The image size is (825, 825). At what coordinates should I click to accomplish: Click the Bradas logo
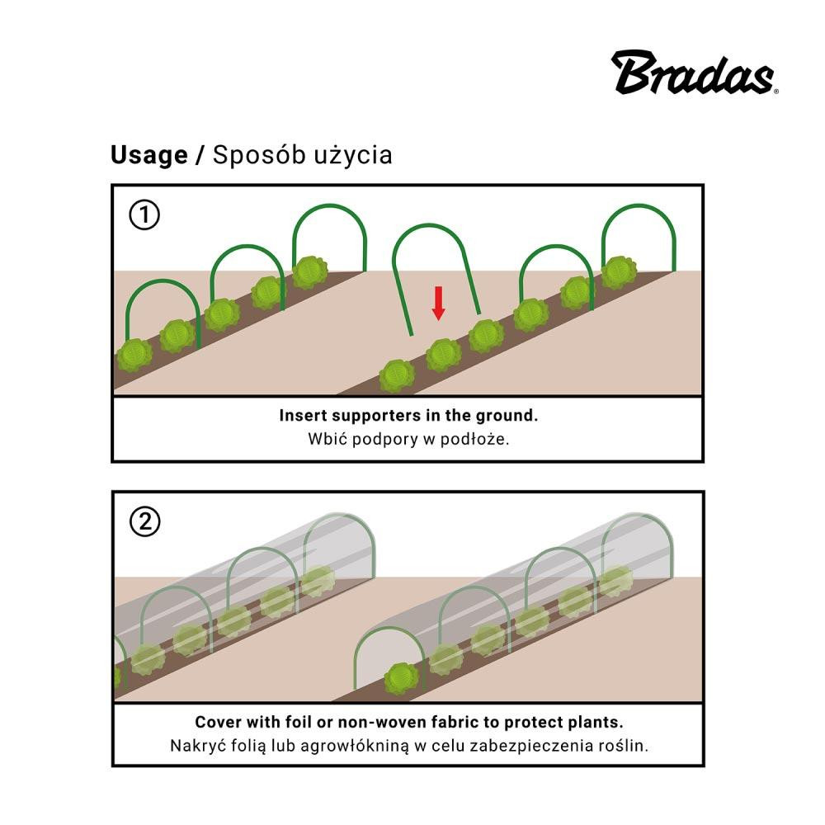(x=693, y=73)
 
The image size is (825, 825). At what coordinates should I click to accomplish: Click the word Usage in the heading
(x=149, y=155)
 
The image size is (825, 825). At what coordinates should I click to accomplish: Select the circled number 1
(x=144, y=215)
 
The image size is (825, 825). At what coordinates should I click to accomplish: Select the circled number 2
(x=145, y=521)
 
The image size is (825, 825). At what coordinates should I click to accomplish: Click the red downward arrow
(x=438, y=303)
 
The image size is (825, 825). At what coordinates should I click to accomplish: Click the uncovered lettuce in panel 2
(x=402, y=679)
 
